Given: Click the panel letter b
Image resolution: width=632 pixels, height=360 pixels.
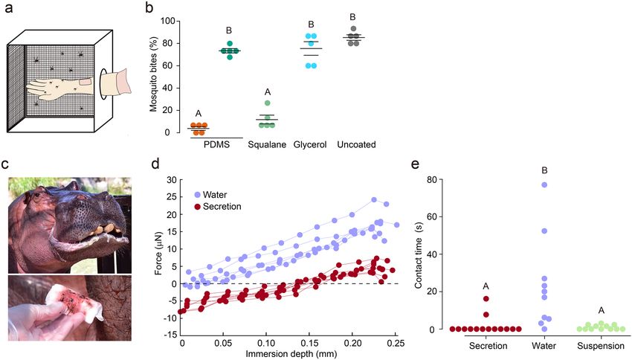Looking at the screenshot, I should (149, 8).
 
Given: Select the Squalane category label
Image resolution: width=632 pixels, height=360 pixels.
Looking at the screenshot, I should (264, 144).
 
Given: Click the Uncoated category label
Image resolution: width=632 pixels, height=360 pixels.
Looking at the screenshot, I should (356, 144).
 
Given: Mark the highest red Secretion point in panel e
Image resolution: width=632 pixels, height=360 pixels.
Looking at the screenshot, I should (486, 299).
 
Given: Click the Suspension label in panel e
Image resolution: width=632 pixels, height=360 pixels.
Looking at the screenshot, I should (600, 346).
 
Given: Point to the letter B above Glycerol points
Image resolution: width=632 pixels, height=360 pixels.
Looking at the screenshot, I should (312, 25).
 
